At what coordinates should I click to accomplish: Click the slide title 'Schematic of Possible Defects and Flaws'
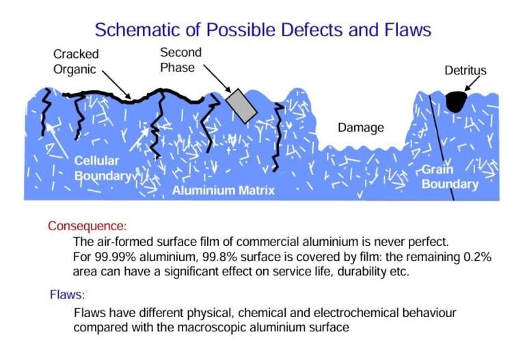[262, 29]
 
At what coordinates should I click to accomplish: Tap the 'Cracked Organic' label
[76, 61]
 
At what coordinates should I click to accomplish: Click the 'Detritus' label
[466, 71]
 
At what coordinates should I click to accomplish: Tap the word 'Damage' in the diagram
[361, 128]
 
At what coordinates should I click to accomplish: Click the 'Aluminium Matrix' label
[223, 190]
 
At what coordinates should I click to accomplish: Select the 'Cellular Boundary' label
[103, 168]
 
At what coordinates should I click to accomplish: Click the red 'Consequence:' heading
[87, 225]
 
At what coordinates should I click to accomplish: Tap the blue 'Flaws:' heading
[67, 295]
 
